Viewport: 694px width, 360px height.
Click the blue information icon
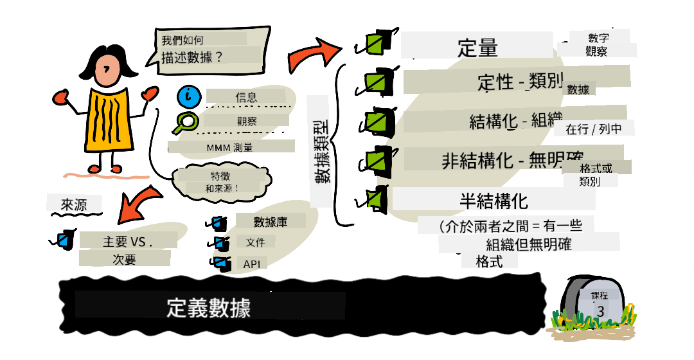189,96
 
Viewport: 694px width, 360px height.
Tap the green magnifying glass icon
186,123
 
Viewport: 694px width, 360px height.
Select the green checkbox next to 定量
378,41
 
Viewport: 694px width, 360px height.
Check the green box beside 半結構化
375,199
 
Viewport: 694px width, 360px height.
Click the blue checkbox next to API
221,263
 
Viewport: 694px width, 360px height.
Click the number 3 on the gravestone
600,311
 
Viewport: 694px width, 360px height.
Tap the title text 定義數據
208,307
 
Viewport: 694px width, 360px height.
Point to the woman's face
107,71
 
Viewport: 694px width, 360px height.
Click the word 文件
255,242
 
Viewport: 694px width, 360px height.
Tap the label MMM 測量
229,147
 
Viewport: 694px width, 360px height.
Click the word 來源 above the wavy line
74,204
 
